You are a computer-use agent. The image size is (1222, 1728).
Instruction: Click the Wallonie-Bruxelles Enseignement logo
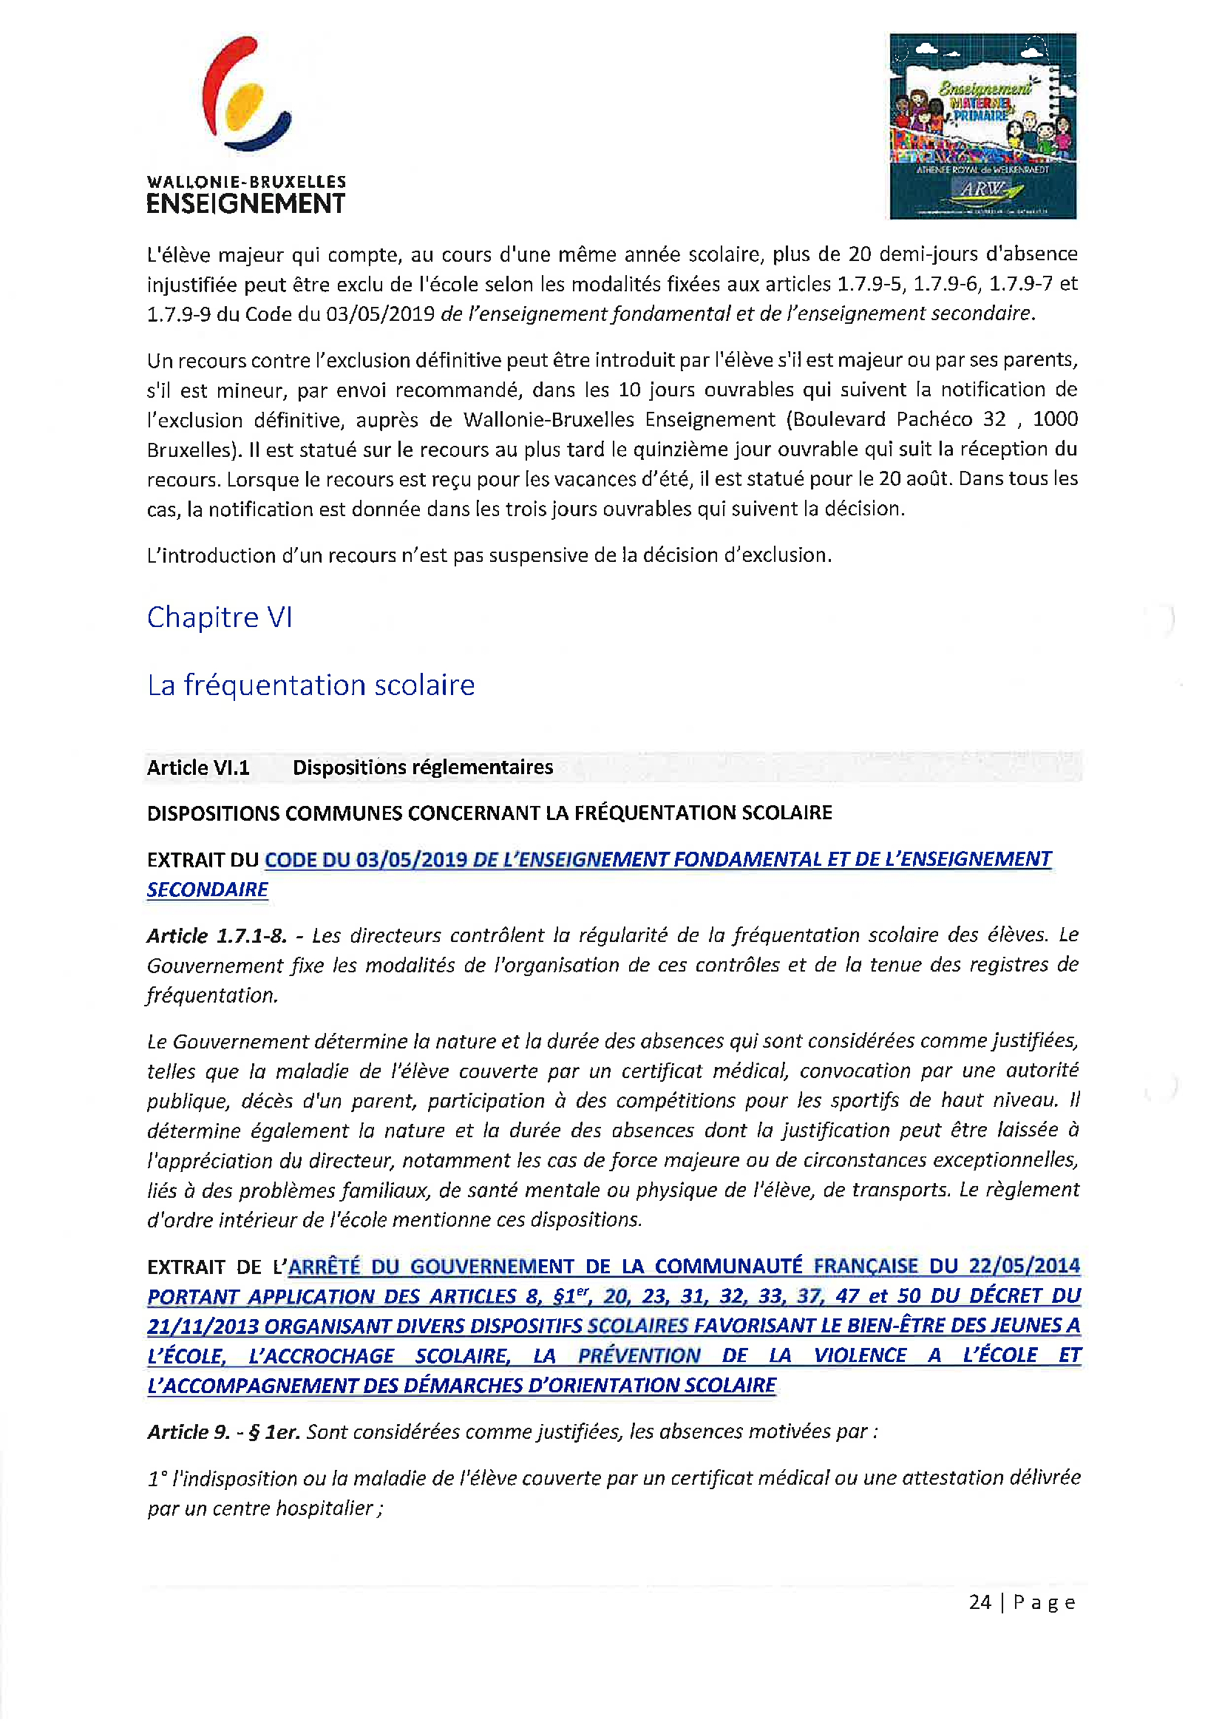click(x=245, y=125)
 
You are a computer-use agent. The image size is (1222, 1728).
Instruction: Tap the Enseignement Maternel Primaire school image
click(x=982, y=126)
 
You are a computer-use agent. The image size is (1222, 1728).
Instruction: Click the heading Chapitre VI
click(x=219, y=617)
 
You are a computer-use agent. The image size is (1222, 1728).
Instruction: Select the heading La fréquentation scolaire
click(x=310, y=685)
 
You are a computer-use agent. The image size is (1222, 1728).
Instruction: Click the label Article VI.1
click(x=198, y=767)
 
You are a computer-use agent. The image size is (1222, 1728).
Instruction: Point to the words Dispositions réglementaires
click(x=422, y=767)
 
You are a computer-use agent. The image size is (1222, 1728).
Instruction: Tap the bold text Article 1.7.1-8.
click(x=217, y=935)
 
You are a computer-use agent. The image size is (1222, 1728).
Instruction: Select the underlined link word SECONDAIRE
click(x=207, y=890)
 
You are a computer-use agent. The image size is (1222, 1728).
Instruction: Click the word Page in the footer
click(x=1044, y=1602)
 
